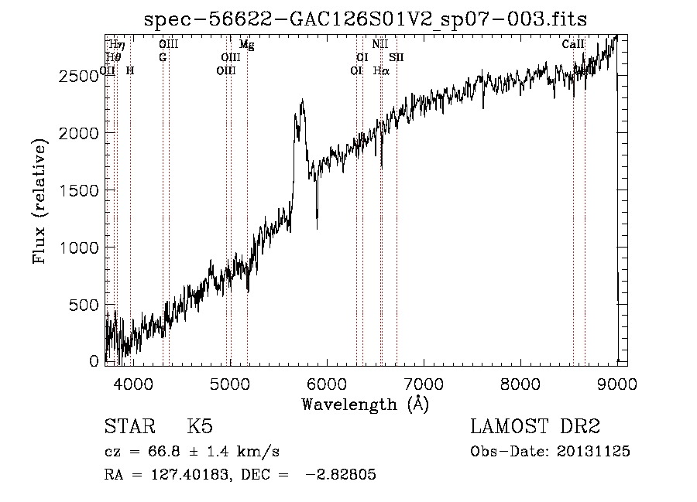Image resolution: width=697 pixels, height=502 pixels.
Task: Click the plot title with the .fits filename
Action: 366,19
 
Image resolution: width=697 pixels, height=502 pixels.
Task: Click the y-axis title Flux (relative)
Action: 39,200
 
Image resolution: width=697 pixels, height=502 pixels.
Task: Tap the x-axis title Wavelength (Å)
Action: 366,404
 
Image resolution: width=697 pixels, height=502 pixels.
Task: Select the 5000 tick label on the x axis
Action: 229,383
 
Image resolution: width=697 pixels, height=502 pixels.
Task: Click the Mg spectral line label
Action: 246,45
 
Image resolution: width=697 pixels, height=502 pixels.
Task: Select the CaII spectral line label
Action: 573,45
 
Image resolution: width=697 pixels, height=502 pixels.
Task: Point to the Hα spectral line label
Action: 380,70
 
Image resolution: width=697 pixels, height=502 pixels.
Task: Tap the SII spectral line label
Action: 397,57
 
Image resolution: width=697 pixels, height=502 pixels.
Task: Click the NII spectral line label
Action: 379,45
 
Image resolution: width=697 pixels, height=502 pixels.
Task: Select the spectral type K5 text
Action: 200,428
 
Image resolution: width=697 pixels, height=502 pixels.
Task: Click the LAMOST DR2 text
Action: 535,428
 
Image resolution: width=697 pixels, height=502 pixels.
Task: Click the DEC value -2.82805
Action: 341,475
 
